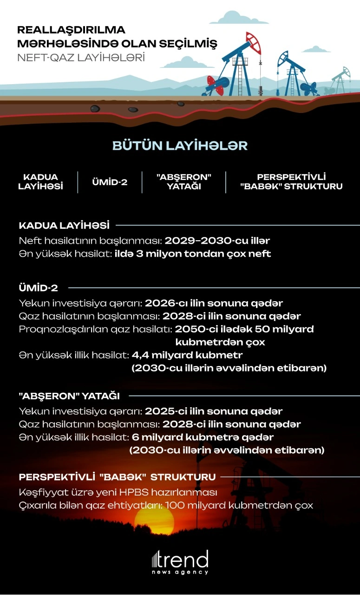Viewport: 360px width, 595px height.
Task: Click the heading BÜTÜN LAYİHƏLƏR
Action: click(x=180, y=145)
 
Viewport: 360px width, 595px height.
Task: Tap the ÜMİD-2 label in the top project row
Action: click(x=109, y=182)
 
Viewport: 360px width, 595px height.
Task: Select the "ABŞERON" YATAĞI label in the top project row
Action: click(x=184, y=182)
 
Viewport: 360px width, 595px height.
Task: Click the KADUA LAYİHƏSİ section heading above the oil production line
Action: click(x=64, y=226)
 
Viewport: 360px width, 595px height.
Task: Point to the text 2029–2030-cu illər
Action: click(x=217, y=241)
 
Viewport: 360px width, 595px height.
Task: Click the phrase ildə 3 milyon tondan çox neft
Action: click(x=193, y=254)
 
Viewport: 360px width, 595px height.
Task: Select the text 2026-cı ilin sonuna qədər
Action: click(x=214, y=304)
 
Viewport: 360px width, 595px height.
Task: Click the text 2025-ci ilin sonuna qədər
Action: click(x=214, y=411)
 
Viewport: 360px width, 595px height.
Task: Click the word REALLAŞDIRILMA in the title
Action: click(x=71, y=30)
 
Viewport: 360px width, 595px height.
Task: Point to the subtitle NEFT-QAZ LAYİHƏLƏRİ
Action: click(x=81, y=58)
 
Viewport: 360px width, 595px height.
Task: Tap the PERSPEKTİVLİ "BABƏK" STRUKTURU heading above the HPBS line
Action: click(x=117, y=477)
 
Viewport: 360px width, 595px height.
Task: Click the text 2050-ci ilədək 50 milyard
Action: click(x=244, y=330)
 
